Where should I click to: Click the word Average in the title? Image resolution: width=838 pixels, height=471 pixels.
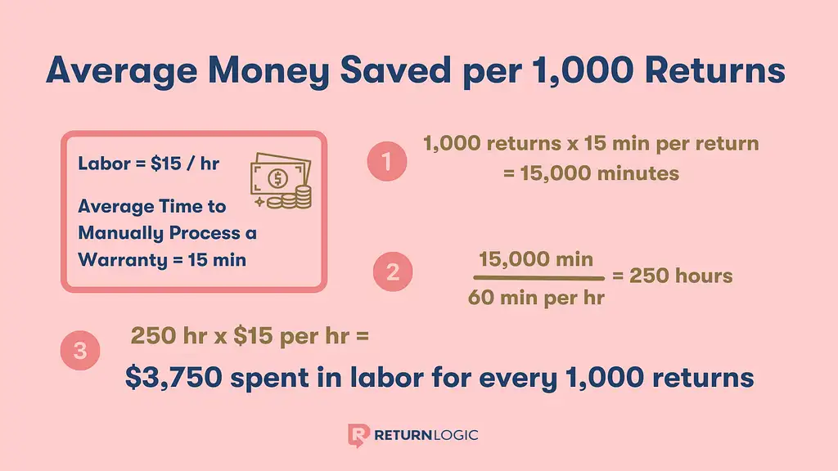click(122, 70)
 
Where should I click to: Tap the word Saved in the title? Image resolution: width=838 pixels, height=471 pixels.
click(395, 70)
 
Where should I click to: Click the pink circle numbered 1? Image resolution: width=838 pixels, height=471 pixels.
click(387, 161)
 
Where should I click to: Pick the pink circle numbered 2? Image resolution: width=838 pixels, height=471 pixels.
click(393, 271)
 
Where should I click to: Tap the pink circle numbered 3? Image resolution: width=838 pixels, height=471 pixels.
click(80, 350)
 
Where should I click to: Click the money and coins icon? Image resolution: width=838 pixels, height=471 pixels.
click(282, 181)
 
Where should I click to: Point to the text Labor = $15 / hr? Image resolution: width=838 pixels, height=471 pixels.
click(149, 164)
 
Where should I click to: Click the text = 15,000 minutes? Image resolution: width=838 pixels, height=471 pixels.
click(591, 173)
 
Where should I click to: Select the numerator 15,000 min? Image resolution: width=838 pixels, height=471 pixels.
click(536, 259)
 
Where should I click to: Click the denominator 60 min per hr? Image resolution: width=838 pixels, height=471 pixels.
click(536, 298)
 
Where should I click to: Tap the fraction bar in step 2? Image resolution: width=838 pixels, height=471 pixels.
click(538, 278)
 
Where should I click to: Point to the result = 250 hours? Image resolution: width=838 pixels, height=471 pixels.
click(673, 276)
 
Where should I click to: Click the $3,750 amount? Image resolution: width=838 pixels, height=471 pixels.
click(173, 378)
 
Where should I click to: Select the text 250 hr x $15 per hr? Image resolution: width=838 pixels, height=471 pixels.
click(240, 336)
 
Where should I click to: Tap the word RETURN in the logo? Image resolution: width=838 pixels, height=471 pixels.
click(403, 435)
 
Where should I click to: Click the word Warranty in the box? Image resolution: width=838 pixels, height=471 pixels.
click(123, 260)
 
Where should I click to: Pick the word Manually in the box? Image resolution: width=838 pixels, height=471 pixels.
click(121, 233)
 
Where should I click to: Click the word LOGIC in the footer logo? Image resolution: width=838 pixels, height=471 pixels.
click(455, 435)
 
